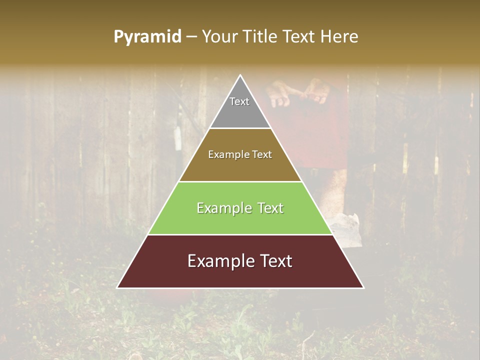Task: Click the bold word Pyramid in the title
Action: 147,36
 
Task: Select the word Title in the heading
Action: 261,36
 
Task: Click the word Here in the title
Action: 339,36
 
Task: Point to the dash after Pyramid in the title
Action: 191,37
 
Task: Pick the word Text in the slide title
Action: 299,36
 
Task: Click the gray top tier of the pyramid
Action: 240,110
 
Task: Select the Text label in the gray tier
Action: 239,101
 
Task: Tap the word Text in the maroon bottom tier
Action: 273,261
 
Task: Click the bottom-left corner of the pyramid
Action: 118,287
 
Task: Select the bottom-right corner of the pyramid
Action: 363,287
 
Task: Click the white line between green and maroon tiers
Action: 240,234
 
